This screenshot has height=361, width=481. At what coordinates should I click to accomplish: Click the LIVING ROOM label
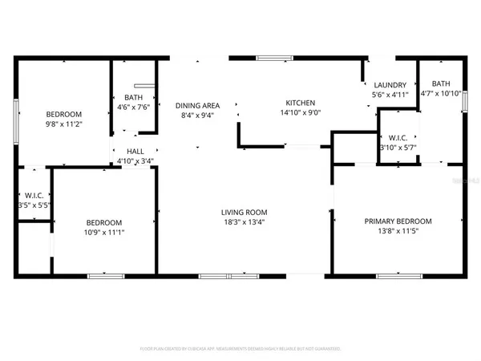243,213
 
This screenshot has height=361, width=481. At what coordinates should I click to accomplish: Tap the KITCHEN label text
301,103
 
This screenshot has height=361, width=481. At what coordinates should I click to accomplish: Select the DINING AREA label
197,105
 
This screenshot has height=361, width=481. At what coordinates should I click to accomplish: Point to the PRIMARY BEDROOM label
398,221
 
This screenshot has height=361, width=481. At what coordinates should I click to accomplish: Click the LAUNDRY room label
390,85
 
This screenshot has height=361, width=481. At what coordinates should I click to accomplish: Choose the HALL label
135,150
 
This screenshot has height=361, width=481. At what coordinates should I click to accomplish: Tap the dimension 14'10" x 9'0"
301,113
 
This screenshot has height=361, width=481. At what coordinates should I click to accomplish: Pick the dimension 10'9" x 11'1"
104,233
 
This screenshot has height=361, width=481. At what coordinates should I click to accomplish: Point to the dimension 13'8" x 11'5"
398,232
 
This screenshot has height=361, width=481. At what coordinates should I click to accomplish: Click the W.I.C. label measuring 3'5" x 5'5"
33,205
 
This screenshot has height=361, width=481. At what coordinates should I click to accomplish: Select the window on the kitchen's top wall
273,57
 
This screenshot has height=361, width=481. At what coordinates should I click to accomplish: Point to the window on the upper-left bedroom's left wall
16,120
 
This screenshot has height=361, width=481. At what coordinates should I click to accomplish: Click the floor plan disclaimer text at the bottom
240,349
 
